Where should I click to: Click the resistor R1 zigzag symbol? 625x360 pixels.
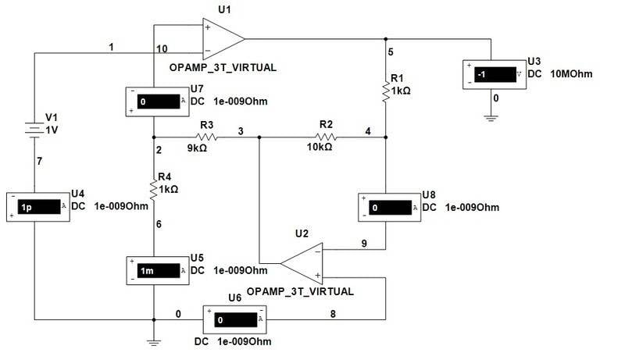pos(386,91)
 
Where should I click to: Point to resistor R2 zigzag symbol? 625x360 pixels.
pos(325,137)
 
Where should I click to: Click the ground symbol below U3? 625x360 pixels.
pos(491,117)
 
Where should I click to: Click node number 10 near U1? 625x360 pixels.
pos(162,49)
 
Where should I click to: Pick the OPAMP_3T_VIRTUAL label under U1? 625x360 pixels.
pos(223,67)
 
